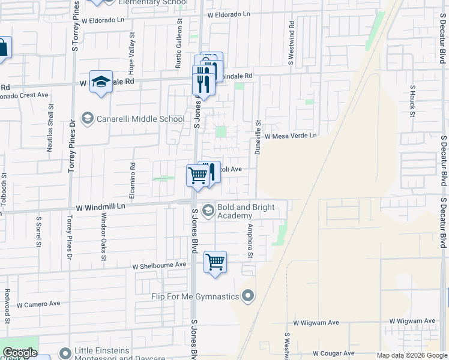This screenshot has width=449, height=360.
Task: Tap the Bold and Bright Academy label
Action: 246,212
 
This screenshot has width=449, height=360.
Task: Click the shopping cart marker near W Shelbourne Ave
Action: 215,262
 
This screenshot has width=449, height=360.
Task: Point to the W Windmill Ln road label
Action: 100,207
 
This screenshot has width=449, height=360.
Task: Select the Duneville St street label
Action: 258,137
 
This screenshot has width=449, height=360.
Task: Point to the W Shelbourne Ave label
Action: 160,265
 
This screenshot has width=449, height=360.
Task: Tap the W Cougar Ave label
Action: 337,355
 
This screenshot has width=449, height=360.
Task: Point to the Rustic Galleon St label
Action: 179,42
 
